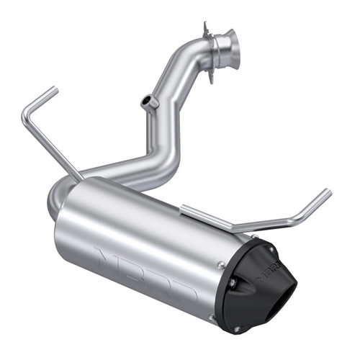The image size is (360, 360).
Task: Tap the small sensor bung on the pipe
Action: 150,102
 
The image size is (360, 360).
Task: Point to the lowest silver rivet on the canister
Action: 211,316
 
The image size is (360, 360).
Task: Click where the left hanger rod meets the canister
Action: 81,176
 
